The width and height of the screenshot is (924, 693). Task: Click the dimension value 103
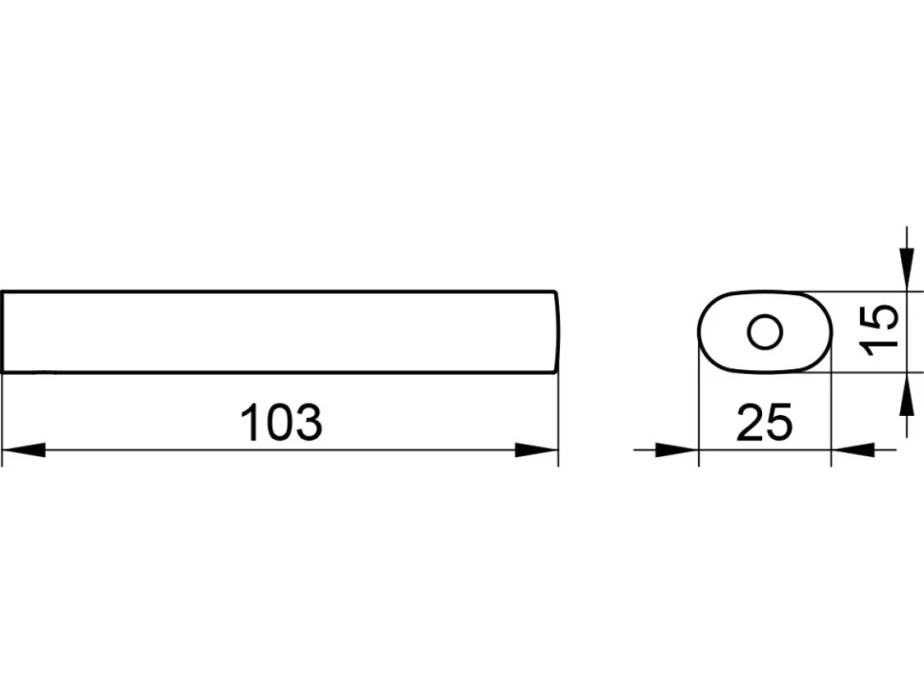click(282, 422)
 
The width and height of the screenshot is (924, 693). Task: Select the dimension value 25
click(764, 422)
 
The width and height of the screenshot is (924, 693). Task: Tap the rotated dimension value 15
click(878, 329)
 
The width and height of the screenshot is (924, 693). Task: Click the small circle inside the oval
click(765, 332)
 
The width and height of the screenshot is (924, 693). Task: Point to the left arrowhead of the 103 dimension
click(24, 450)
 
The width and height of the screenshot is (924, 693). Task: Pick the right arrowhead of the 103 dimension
click(536, 450)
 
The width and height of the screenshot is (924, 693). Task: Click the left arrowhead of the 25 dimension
click(677, 450)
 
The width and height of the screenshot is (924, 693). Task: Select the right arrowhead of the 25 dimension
click(853, 450)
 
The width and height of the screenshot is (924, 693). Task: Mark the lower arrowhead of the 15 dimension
click(907, 394)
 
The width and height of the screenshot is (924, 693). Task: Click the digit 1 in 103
click(251, 422)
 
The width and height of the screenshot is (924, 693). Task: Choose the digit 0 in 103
click(280, 422)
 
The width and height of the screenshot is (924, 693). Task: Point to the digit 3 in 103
click(310, 422)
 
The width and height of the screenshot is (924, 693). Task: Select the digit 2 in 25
click(750, 422)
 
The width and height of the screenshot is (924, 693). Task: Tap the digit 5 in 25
click(779, 423)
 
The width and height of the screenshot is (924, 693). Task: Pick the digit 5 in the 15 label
click(879, 316)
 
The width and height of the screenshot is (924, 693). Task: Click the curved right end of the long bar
click(557, 332)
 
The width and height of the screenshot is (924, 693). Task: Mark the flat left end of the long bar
click(2, 332)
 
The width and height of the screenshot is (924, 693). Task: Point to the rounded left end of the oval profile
click(699, 332)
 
